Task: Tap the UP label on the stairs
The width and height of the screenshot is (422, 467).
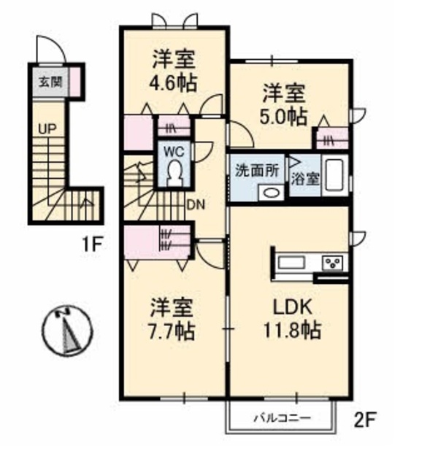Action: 47,129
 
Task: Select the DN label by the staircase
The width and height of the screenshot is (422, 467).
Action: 196,204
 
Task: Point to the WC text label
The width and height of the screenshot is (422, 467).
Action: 174,153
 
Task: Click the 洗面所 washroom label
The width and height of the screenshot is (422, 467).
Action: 257,171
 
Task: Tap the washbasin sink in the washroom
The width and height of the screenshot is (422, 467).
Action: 271,193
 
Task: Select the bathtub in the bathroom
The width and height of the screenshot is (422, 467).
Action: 335,176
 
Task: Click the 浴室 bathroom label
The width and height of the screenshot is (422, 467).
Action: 305,180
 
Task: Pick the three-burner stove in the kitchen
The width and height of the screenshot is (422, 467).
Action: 332,263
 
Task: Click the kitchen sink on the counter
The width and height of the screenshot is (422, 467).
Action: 291,263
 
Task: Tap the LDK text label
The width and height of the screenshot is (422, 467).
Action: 292,307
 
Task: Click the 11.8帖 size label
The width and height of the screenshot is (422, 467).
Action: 292,330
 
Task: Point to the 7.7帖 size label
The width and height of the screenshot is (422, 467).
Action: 172,331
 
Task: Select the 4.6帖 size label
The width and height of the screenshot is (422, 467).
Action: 174,82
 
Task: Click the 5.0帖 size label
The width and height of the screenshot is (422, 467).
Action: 283,117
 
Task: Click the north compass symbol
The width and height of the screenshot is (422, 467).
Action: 66,331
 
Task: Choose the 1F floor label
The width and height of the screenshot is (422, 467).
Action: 92,244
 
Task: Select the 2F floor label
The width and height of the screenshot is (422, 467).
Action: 365,420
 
